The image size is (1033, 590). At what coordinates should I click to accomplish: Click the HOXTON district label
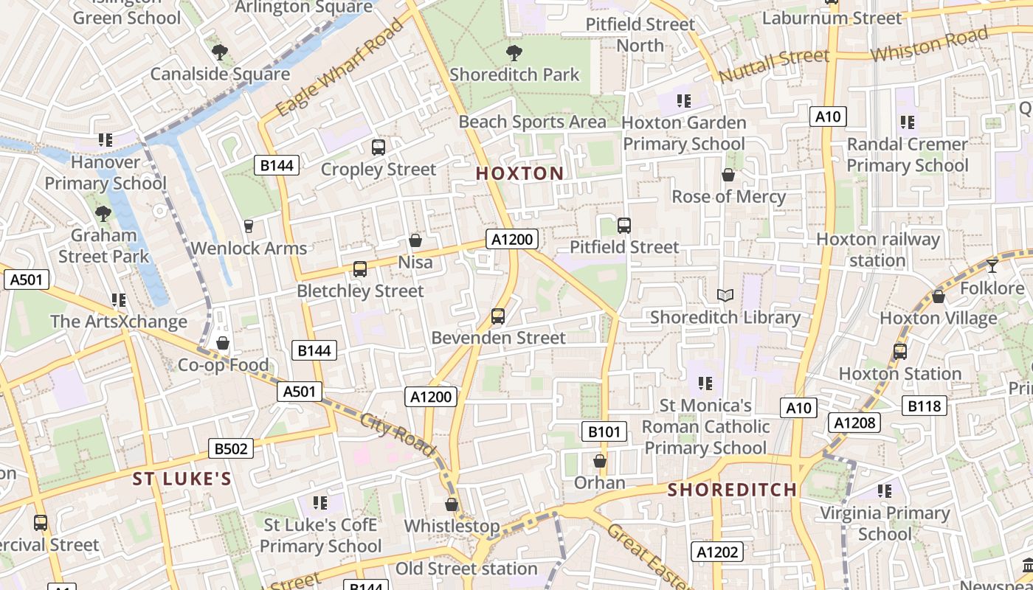pyautogui.click(x=519, y=174)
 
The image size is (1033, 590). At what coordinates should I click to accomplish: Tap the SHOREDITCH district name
pyautogui.click(x=732, y=490)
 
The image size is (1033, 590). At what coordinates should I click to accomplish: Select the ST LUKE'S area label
pyautogui.click(x=182, y=479)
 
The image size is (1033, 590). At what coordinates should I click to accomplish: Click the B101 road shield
pyautogui.click(x=604, y=431)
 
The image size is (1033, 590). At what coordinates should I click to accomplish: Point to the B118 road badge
pyautogui.click(x=925, y=406)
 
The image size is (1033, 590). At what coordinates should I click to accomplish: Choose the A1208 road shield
pyautogui.click(x=854, y=423)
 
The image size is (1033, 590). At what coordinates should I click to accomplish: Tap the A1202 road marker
pyautogui.click(x=717, y=552)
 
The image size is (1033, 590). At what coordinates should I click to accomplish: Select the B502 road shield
pyautogui.click(x=231, y=448)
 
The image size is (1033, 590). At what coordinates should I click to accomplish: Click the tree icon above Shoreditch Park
pyautogui.click(x=514, y=53)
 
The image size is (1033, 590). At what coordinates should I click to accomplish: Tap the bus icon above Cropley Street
pyautogui.click(x=379, y=147)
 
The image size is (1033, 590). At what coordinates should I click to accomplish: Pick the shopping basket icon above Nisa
pyautogui.click(x=415, y=240)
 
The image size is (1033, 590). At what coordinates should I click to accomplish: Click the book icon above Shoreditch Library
pyautogui.click(x=725, y=296)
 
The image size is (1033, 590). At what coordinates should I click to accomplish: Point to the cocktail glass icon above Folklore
pyautogui.click(x=992, y=265)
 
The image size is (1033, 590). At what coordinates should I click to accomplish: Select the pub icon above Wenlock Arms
pyautogui.click(x=249, y=226)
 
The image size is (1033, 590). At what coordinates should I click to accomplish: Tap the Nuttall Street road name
pyautogui.click(x=773, y=66)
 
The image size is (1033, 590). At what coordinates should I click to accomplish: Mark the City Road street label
pyautogui.click(x=398, y=434)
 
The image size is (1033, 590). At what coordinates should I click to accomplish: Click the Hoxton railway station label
pyautogui.click(x=877, y=250)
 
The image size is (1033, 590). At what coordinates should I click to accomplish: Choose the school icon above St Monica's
pyautogui.click(x=705, y=383)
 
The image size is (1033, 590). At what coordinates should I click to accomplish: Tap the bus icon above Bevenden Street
pyautogui.click(x=498, y=316)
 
